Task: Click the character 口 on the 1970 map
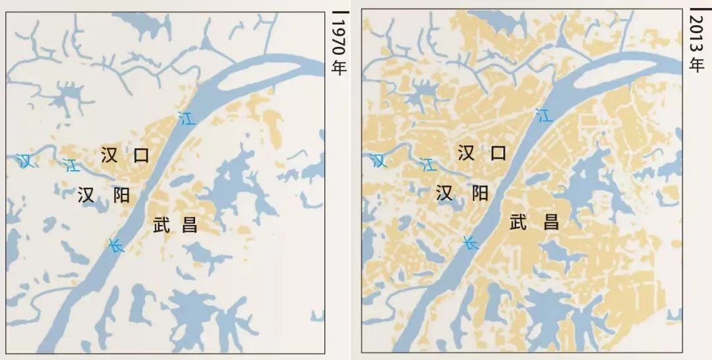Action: point(141,156)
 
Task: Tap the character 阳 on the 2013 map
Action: point(479,193)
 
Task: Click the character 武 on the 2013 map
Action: point(519,222)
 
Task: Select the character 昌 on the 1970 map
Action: point(190,225)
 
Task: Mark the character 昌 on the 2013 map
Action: point(550,222)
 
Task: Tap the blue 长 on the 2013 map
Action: point(471,243)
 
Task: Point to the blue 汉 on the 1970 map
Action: point(25,160)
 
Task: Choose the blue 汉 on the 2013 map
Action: point(378,160)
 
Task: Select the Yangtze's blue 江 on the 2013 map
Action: point(544,115)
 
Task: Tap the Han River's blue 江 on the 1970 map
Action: point(70,165)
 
